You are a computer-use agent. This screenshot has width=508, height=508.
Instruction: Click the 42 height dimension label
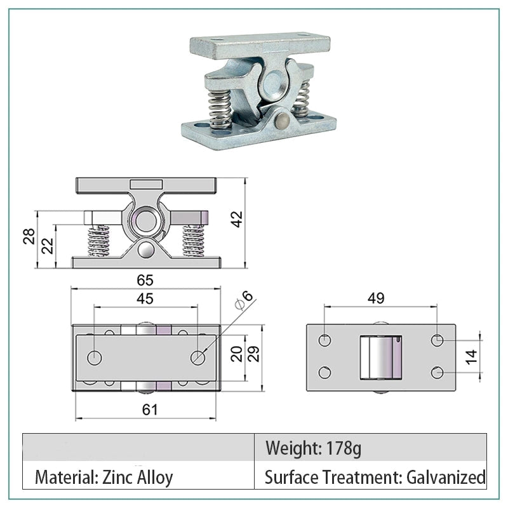pyautogui.click(x=237, y=219)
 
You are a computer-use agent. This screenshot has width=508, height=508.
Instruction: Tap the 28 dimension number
pyautogui.click(x=29, y=236)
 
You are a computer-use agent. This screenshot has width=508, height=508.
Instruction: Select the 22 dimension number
pyautogui.click(x=47, y=246)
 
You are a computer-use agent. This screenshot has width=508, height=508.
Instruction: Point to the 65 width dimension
pyautogui.click(x=145, y=280)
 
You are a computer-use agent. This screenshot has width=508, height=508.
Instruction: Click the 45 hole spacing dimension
pyautogui.click(x=145, y=298)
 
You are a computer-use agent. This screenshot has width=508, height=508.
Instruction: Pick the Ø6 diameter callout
pyautogui.click(x=244, y=300)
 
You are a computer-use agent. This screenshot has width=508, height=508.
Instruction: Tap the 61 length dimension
pyautogui.click(x=150, y=410)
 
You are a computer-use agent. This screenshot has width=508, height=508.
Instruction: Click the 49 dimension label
pyautogui.click(x=376, y=298)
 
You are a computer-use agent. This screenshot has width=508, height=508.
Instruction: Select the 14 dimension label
pyautogui.click(x=471, y=357)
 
